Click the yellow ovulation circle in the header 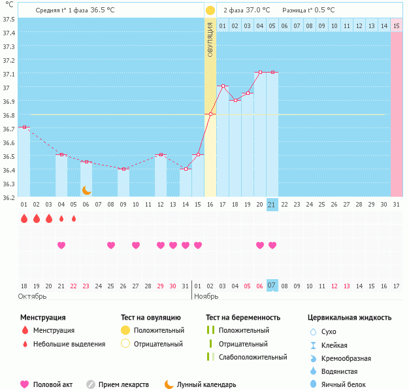point(210,10)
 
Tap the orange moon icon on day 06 point(86,190)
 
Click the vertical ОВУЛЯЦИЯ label point(210,39)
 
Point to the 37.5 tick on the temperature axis point(8,19)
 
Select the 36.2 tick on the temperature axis point(8,197)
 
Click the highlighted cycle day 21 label point(272,205)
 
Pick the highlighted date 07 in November point(272,286)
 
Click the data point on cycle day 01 point(24,127)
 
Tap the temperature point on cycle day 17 point(223,86)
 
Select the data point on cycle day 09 point(123,169)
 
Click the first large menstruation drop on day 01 point(24,218)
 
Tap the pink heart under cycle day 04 point(61,245)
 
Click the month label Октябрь point(33,296)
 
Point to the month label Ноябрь point(206,296)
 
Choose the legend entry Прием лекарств point(123,384)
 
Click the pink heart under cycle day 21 point(272,245)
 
